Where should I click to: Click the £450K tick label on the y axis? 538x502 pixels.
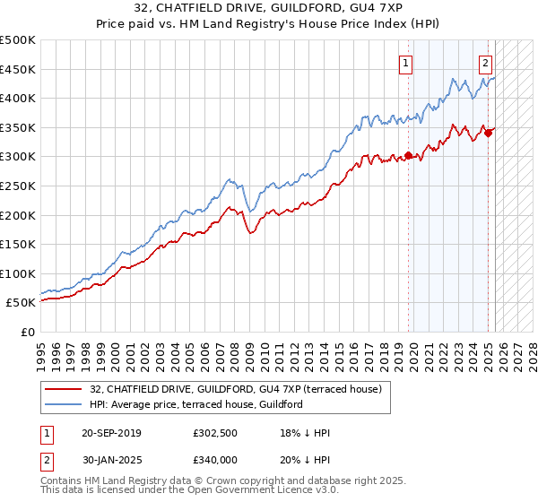[18, 69]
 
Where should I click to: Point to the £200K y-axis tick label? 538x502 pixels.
[18, 215]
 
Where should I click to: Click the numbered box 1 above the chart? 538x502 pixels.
[406, 63]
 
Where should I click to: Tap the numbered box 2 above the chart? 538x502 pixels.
[485, 63]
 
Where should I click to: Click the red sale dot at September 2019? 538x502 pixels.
[409, 155]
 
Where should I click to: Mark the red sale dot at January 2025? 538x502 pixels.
[489, 134]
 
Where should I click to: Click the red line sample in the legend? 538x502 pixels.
[63, 389]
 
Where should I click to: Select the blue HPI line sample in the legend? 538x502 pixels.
[63, 404]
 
